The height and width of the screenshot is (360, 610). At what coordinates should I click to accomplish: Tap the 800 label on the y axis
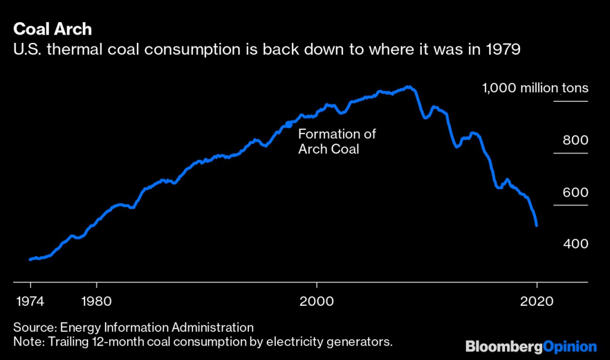coord(575,141)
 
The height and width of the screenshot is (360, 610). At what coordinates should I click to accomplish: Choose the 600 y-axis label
coord(575,193)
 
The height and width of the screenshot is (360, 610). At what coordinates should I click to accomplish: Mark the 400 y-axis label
coord(575,244)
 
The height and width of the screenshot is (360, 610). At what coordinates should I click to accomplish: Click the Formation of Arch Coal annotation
coord(337,142)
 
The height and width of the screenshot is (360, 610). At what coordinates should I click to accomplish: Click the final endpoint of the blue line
coord(537,225)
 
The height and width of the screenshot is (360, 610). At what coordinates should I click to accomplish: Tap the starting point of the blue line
coord(30,259)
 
